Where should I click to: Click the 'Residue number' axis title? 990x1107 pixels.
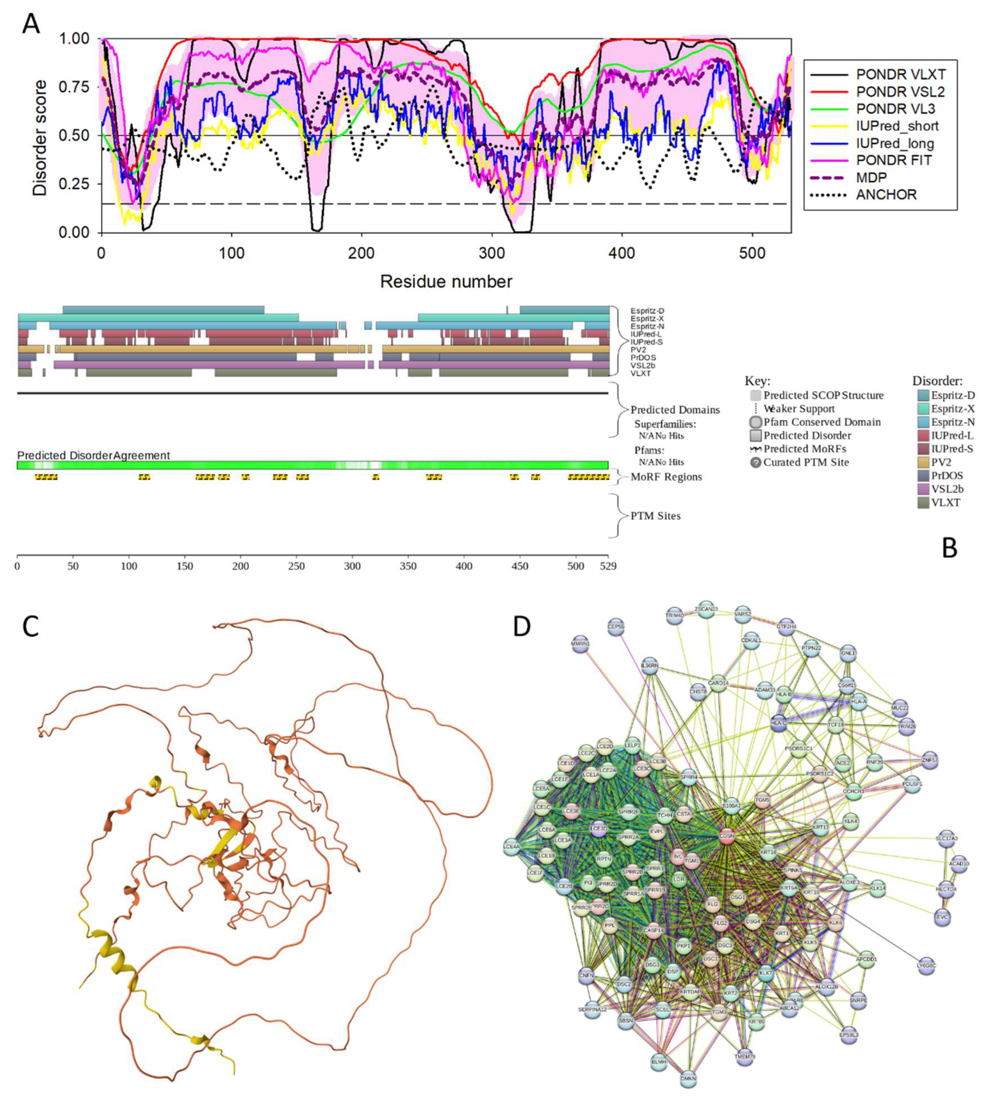tap(446, 281)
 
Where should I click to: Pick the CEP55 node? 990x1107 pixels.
tap(616, 626)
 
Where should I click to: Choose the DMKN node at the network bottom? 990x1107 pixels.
tap(688, 1078)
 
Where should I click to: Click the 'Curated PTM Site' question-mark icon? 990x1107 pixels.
tap(755, 462)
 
